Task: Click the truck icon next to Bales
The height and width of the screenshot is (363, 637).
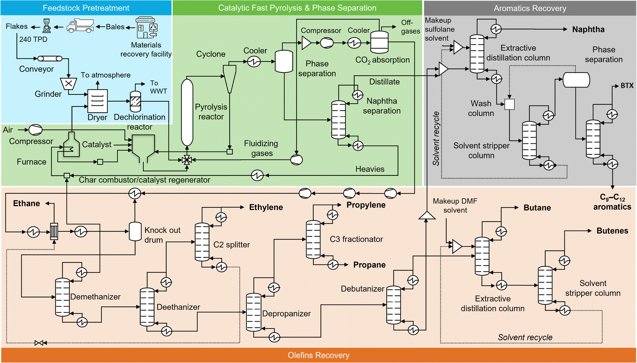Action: [x=80, y=26]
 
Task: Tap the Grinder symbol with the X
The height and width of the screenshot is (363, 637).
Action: [x=68, y=84]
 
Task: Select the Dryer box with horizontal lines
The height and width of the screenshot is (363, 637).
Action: [x=97, y=101]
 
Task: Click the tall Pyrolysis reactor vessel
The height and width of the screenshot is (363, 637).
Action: [x=187, y=112]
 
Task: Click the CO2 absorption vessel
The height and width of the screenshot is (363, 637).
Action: [x=379, y=42]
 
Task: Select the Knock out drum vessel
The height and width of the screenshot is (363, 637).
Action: [x=135, y=231]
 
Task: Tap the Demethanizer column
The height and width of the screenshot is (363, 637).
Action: [x=62, y=297]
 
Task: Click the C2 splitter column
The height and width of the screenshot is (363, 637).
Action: [x=202, y=242]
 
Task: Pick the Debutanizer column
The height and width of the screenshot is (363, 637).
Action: [x=393, y=305]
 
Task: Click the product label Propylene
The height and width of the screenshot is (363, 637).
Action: [x=366, y=205]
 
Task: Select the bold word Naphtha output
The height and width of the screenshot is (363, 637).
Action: [x=588, y=29]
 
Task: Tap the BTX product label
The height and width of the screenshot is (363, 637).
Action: [x=627, y=85]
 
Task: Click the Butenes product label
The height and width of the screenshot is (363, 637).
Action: [x=612, y=231]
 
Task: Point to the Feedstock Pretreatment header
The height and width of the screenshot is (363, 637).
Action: [x=86, y=8]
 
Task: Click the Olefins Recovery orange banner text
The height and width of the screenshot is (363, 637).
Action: [x=318, y=355]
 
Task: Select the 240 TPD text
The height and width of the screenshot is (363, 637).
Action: [x=33, y=39]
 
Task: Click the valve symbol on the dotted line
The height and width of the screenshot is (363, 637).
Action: [x=39, y=343]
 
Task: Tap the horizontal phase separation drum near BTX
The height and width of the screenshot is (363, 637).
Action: [x=576, y=80]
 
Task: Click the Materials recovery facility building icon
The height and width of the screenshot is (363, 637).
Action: [x=147, y=28]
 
